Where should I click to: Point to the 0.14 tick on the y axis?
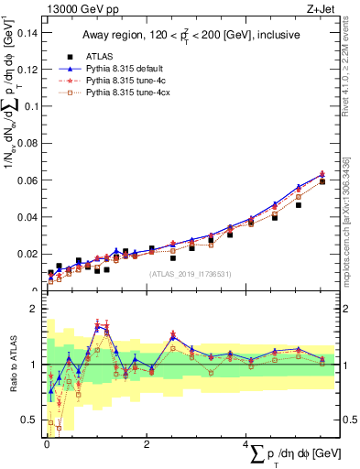[x=29, y=32]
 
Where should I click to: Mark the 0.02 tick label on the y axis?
[x=29, y=254]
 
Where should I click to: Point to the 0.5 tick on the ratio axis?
[x=32, y=420]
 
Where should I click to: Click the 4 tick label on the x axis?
[x=246, y=444]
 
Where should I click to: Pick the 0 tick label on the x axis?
[x=47, y=444]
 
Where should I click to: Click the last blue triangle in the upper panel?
[x=322, y=174]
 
